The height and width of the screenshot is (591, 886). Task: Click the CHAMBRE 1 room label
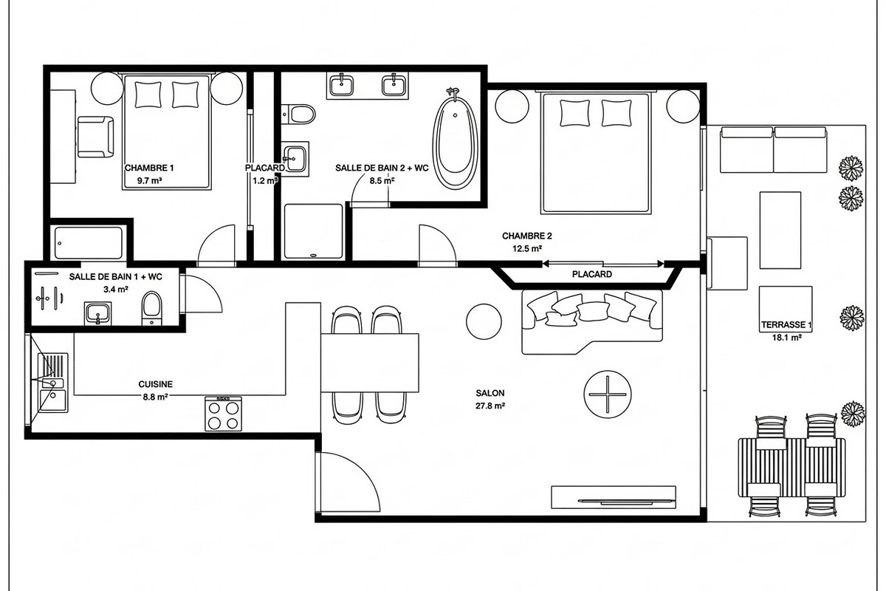point(149,168)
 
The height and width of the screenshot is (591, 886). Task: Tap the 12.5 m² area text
point(527,249)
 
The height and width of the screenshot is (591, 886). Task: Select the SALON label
point(490,393)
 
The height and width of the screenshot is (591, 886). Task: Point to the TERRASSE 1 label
point(786,325)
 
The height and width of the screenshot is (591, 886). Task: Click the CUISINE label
point(156,384)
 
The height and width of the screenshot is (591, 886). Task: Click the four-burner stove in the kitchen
point(223,414)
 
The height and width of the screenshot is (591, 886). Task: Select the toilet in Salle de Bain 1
point(151,308)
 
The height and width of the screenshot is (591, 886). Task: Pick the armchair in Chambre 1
point(95,137)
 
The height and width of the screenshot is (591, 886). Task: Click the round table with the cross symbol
point(608,394)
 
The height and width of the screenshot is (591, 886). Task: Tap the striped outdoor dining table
point(791,467)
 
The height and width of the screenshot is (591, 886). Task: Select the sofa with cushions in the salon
point(592,322)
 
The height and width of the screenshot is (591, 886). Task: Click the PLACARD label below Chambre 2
point(591,274)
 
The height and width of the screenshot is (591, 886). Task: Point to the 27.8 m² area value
point(490,406)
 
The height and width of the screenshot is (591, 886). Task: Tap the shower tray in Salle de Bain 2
point(313,231)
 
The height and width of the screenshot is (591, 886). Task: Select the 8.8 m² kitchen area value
point(156,397)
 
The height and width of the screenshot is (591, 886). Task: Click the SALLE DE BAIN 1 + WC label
point(115,277)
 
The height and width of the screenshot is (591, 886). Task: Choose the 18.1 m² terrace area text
point(787,338)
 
